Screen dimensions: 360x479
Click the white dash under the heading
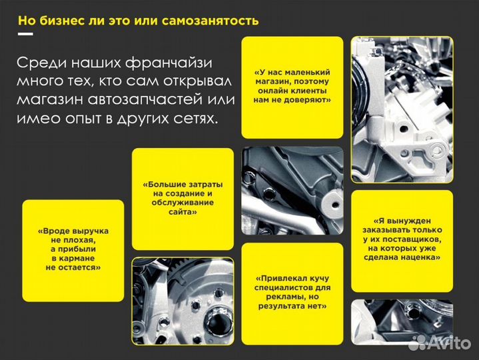click(x=25, y=33)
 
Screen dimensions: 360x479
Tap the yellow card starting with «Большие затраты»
click(x=183, y=198)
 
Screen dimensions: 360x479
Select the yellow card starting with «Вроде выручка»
click(x=73, y=249)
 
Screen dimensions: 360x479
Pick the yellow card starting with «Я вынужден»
click(x=402, y=239)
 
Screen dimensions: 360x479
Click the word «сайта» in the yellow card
click(x=182, y=211)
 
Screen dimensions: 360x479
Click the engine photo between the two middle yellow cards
click(x=292, y=191)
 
